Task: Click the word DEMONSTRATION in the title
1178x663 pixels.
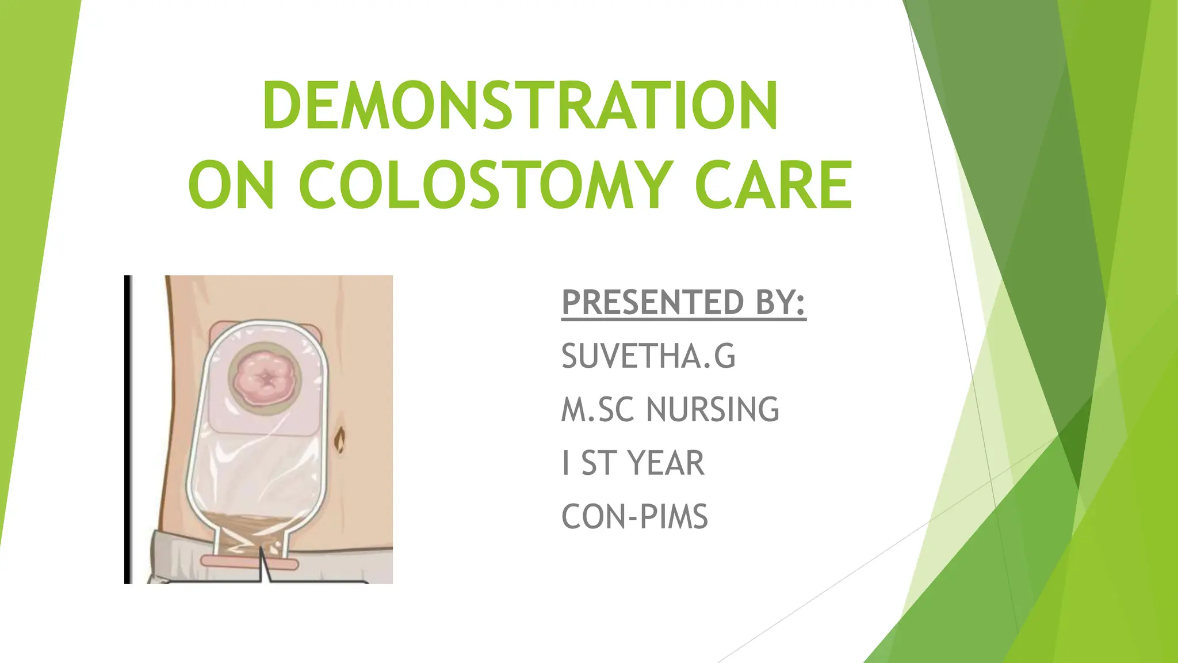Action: pos(521,106)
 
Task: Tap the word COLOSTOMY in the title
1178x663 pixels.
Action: pos(486,185)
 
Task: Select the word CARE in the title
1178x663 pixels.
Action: pos(773,185)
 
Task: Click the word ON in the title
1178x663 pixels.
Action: pos(231,185)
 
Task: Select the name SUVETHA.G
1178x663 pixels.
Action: pos(648,356)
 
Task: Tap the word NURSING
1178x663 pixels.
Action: pos(713,410)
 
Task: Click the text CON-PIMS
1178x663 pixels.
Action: pos(634,516)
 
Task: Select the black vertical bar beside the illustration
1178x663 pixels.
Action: pos(128,429)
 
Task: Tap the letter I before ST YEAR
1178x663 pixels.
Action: pos(567,463)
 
